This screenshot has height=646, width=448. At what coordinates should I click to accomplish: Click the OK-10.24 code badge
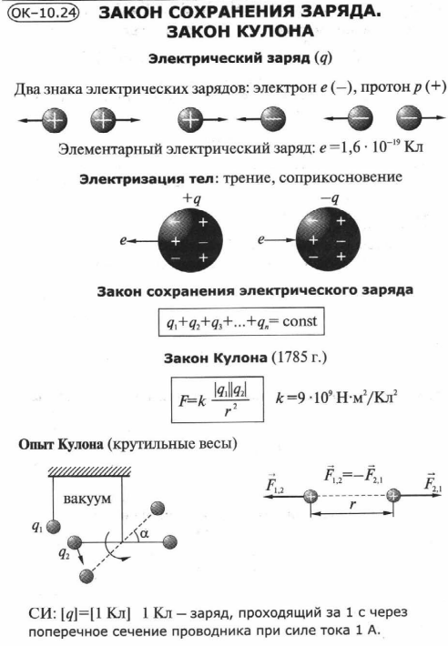tap(44, 14)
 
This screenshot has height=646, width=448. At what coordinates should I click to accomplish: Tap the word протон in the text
tap(388, 87)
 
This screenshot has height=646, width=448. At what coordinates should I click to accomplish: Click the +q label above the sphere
tap(191, 199)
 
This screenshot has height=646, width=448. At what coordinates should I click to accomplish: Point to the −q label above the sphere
tap(330, 199)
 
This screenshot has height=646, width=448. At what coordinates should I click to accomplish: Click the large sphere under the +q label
tap(190, 240)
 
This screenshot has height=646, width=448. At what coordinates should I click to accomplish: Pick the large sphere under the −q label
tap(328, 240)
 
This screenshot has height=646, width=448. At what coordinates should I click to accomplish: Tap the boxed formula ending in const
tap(241, 321)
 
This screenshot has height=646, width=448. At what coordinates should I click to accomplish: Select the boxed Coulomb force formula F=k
tap(218, 399)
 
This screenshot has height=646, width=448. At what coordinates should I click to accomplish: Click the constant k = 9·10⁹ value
tap(337, 398)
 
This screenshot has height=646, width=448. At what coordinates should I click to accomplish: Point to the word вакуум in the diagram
tap(87, 499)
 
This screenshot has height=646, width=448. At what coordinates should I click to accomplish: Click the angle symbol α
tap(144, 533)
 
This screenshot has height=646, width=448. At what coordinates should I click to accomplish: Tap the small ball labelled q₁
tap(53, 527)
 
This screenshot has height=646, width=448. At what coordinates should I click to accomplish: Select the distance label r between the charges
tap(352, 504)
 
